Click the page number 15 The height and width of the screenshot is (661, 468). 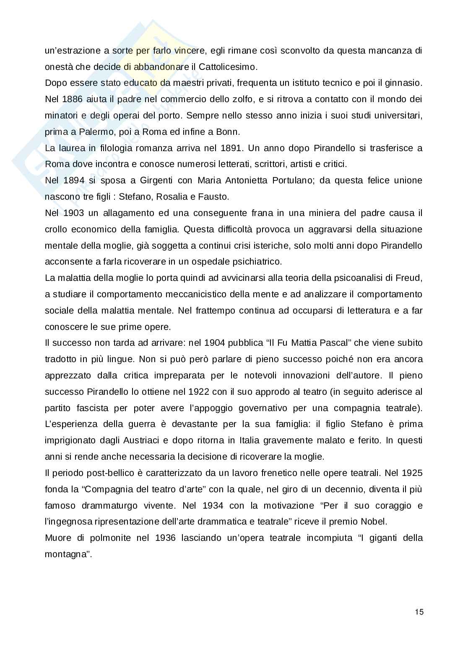tap(419, 612)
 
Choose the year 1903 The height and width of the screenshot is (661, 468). tap(74, 213)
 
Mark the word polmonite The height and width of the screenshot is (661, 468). tap(109, 538)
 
